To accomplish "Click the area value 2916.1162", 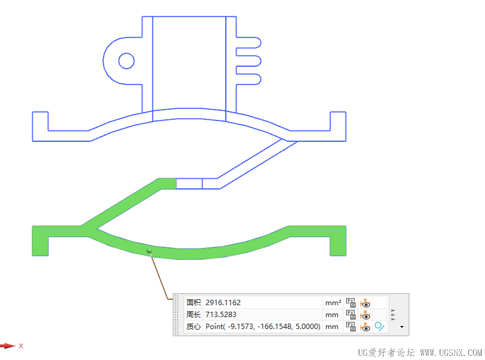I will [223, 303].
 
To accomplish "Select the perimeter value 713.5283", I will [222, 315].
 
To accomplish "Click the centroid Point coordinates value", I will [263, 327].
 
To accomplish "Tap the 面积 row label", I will [194, 303].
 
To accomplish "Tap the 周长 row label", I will [194, 315].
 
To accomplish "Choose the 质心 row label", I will [194, 327].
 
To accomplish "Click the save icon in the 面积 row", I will [351, 303].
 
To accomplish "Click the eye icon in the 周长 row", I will [365, 315].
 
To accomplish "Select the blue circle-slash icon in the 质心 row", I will [380, 327].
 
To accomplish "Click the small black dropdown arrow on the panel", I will [402, 327].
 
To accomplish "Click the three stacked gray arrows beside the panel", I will [393, 315].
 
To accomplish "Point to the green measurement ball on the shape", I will [149, 252].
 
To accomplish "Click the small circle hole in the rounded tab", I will [126, 60].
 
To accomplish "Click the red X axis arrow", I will [7, 346].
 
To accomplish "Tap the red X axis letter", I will [21, 346].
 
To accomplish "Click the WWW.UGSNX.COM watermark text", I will [451, 352].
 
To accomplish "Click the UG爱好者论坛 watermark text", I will [386, 352].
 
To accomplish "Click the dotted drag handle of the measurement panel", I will [176, 315].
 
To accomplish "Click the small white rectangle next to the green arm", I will [189, 184].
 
